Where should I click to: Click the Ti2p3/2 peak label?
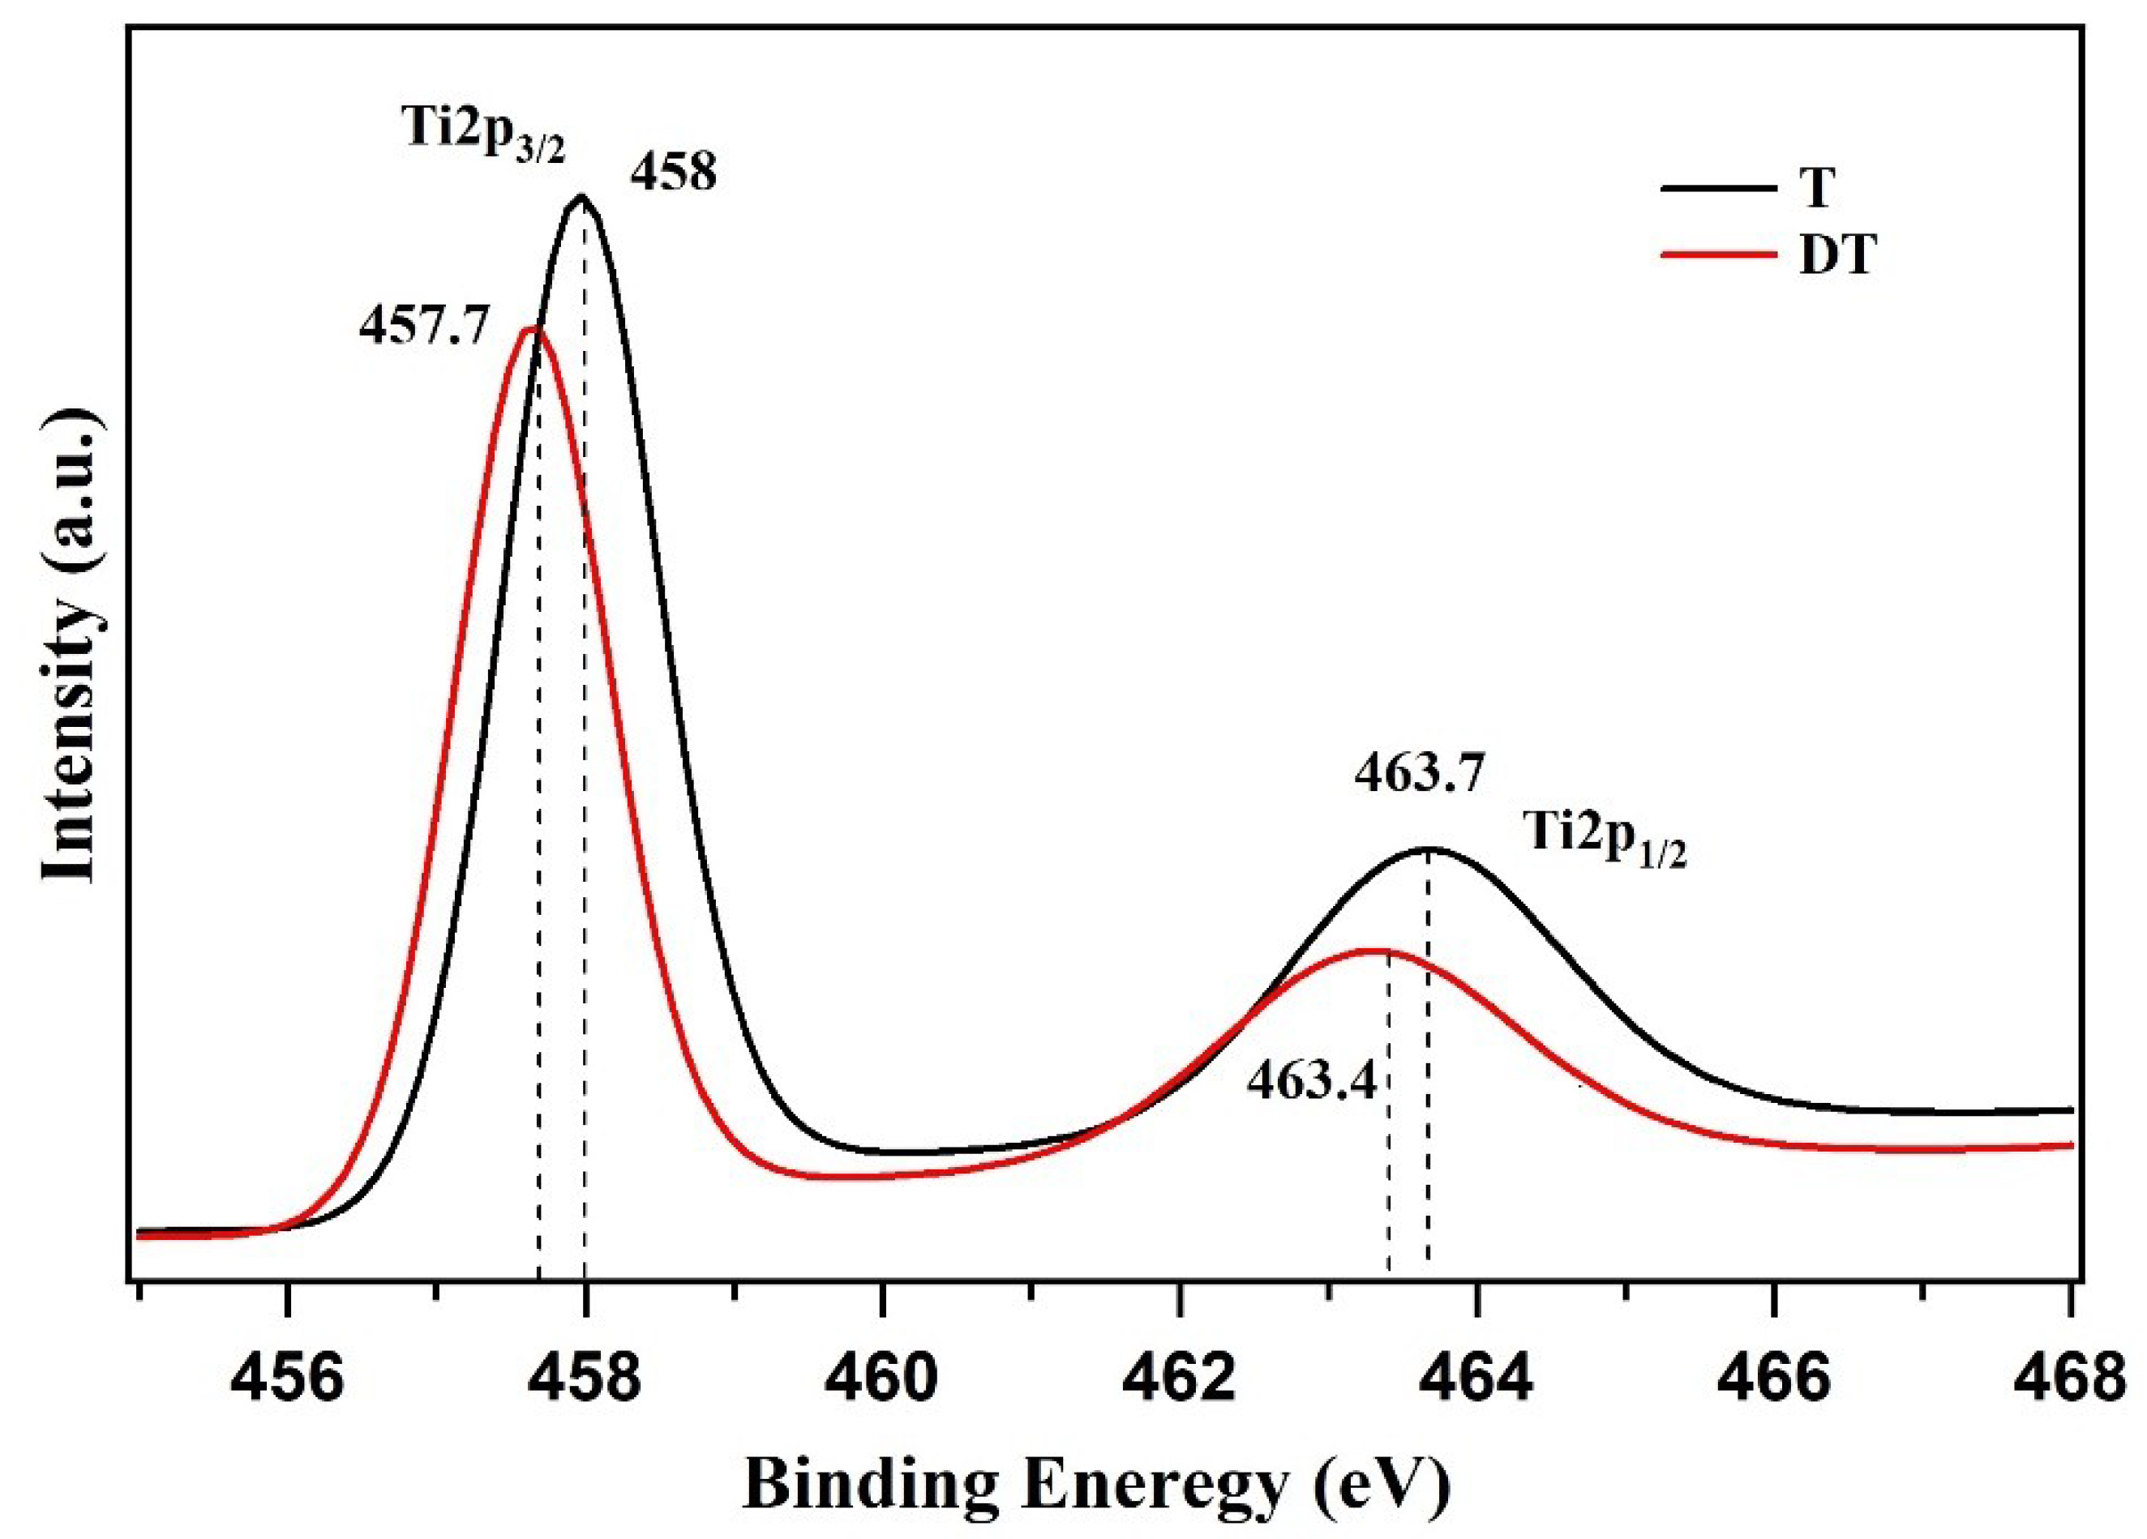tap(485, 134)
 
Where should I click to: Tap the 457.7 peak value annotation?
tap(424, 328)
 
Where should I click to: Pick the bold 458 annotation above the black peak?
tap(673, 173)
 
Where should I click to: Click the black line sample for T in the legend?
tap(1717, 188)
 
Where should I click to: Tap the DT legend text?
tap(1836, 254)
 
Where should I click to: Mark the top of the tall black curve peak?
tap(582, 197)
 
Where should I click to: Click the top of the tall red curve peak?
tap(532, 328)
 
